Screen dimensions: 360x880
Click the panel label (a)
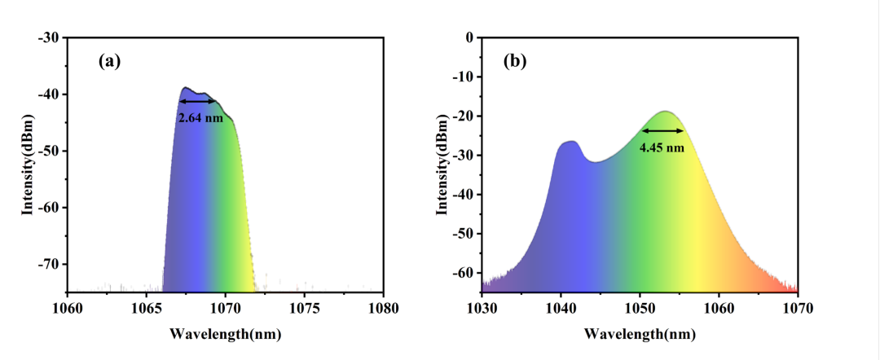(109, 60)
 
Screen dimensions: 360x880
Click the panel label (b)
(514, 60)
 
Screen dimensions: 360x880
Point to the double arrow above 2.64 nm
(198, 101)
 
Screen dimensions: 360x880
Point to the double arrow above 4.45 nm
(662, 130)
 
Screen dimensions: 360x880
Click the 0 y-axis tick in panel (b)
(468, 37)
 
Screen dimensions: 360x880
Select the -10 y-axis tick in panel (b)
(462, 77)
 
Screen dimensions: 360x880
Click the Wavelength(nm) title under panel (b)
(640, 334)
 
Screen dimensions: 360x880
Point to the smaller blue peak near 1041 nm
(570, 143)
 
